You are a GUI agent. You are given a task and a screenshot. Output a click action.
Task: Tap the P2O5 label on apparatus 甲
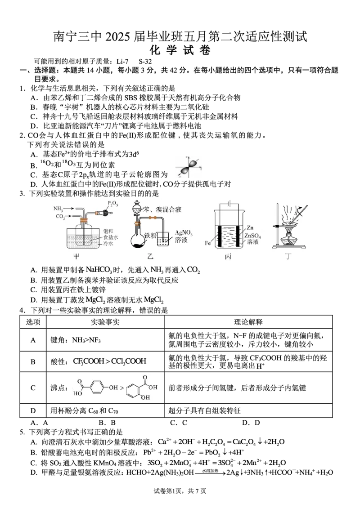click(x=113, y=204)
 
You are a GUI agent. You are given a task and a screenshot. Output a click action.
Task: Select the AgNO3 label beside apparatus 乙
click(x=184, y=232)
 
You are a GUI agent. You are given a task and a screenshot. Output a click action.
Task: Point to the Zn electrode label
click(x=250, y=227)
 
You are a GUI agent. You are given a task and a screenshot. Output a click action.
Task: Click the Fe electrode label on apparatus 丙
click(x=208, y=243)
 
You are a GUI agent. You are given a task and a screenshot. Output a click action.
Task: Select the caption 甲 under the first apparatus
click(x=76, y=257)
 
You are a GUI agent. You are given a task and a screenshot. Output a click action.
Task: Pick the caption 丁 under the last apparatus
click(x=288, y=257)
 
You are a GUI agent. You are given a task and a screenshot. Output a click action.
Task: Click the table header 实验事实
click(x=105, y=322)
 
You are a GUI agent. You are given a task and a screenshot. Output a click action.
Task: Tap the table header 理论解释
click(x=248, y=322)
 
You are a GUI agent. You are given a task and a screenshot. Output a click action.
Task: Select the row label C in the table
click(x=33, y=388)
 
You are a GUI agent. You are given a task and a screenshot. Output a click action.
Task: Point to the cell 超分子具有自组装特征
click(x=204, y=411)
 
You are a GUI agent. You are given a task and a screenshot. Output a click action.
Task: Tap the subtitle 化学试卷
click(x=180, y=50)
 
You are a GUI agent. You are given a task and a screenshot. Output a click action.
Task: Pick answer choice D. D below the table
click(x=251, y=423)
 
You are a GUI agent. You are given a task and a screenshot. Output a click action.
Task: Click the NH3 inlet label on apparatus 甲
click(x=58, y=209)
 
